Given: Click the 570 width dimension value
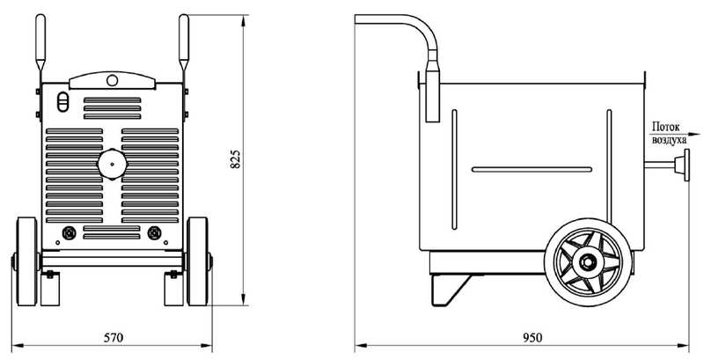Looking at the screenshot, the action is pyautogui.click(x=114, y=338).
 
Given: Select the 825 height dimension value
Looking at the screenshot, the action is pyautogui.click(x=235, y=159).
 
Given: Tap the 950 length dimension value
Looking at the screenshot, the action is pyautogui.click(x=533, y=338).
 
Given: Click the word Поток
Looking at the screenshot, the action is pyautogui.click(x=666, y=127).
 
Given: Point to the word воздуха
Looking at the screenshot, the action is pyautogui.click(x=669, y=140).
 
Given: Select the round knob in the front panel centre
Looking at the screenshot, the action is pyautogui.click(x=113, y=164).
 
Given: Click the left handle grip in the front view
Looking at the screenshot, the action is pyautogui.click(x=40, y=41).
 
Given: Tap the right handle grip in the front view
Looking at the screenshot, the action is pyautogui.click(x=184, y=41).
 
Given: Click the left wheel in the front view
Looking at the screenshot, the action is pyautogui.click(x=27, y=261).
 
